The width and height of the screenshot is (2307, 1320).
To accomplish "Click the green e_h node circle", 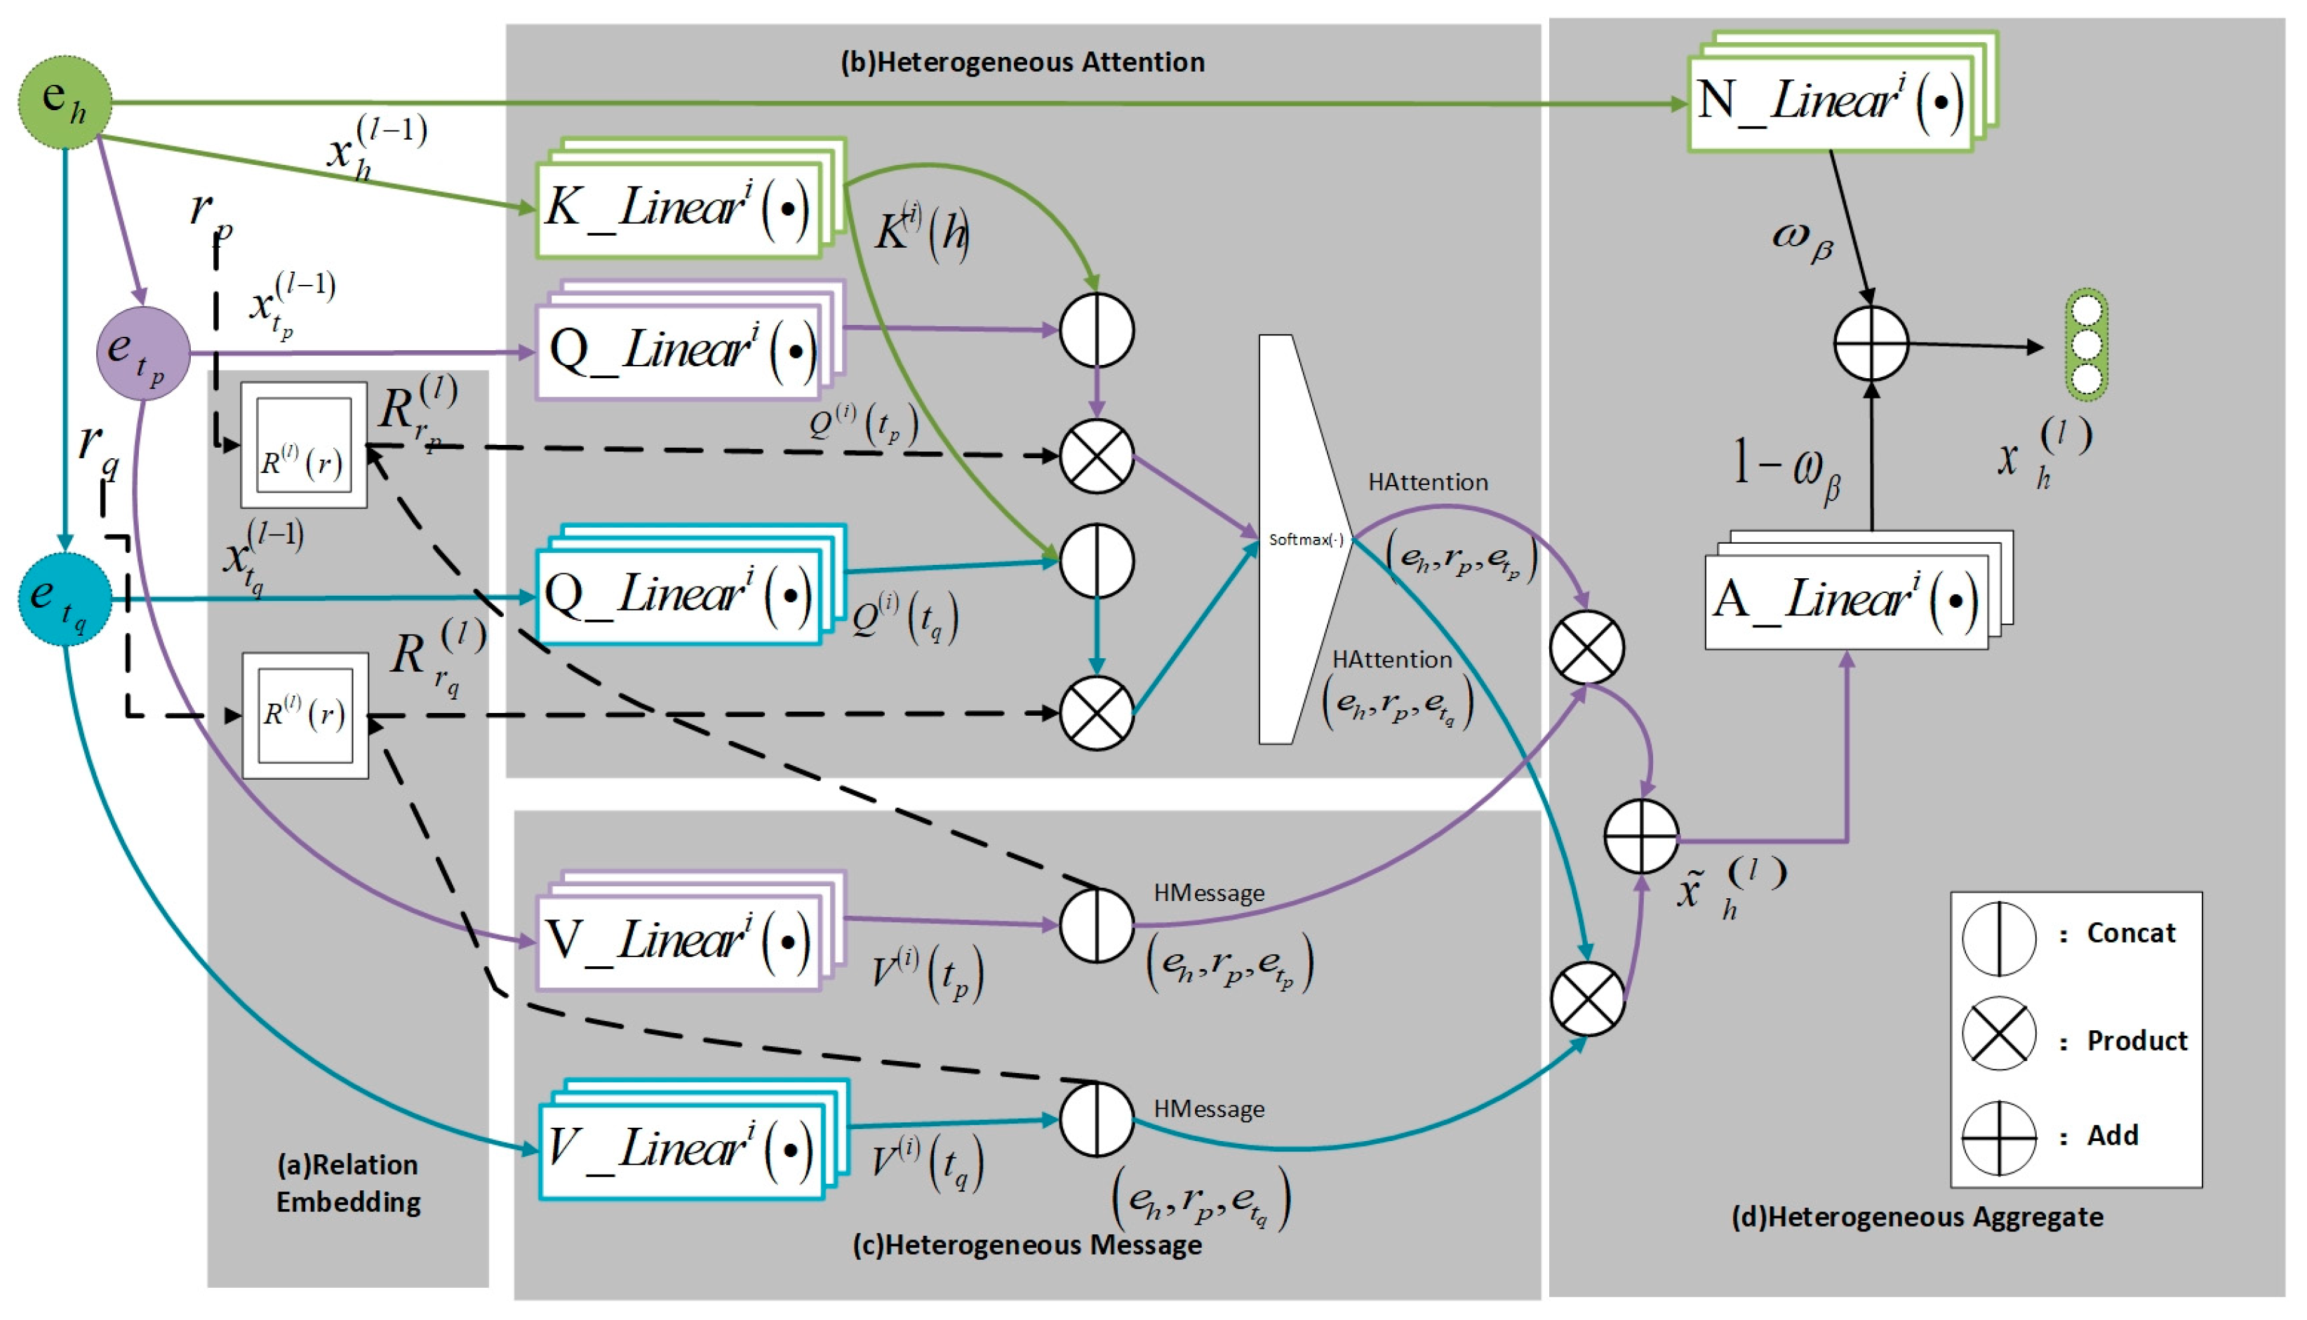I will pyautogui.click(x=65, y=102).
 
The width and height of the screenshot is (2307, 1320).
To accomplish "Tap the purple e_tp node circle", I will pyautogui.click(x=143, y=354).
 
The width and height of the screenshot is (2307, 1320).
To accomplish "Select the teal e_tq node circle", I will pyautogui.click(x=65, y=599).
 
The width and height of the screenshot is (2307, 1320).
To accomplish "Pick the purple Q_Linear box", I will pyautogui.click(x=680, y=349).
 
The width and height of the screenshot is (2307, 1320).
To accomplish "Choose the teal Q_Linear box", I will pyautogui.click(x=680, y=594).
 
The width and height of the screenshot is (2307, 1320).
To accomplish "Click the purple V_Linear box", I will pyautogui.click(x=680, y=938).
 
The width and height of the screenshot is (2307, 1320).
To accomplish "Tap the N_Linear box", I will pyautogui.click(x=1831, y=100).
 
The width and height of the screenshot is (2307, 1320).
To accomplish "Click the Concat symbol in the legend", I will pyautogui.click(x=1999, y=938).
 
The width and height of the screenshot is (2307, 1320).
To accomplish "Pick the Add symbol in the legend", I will pyautogui.click(x=1999, y=1138).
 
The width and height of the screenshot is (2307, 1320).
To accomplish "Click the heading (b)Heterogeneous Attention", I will pyautogui.click(x=1022, y=62).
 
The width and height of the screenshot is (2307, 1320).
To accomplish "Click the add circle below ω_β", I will pyautogui.click(x=1871, y=344).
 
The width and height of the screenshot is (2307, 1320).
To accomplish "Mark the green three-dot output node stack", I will pyautogui.click(x=2087, y=345).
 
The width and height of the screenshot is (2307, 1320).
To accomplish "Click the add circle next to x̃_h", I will pyautogui.click(x=1640, y=836).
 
